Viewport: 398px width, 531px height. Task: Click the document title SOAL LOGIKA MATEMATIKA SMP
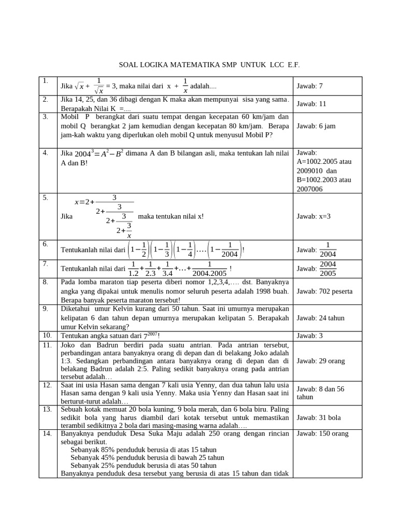(209, 65)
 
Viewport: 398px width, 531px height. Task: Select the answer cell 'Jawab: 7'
(309, 86)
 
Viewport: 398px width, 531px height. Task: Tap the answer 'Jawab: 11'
(311, 104)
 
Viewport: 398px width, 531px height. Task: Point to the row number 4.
(46, 152)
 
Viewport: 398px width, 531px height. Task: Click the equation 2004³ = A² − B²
(98, 153)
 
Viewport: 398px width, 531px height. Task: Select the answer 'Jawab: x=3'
(314, 216)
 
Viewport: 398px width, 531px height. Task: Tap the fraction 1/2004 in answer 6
(328, 249)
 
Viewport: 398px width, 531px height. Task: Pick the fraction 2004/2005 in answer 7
(328, 269)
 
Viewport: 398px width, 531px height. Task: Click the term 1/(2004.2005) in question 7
(209, 269)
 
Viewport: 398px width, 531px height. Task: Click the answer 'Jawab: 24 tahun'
(320, 318)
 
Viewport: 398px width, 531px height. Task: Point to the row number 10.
(47, 336)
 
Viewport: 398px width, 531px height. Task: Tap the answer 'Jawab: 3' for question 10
(309, 336)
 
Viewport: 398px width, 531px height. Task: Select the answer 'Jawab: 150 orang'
(322, 434)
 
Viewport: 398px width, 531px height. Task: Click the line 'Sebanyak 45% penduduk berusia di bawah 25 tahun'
(147, 457)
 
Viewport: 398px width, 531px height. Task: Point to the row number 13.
(47, 409)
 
